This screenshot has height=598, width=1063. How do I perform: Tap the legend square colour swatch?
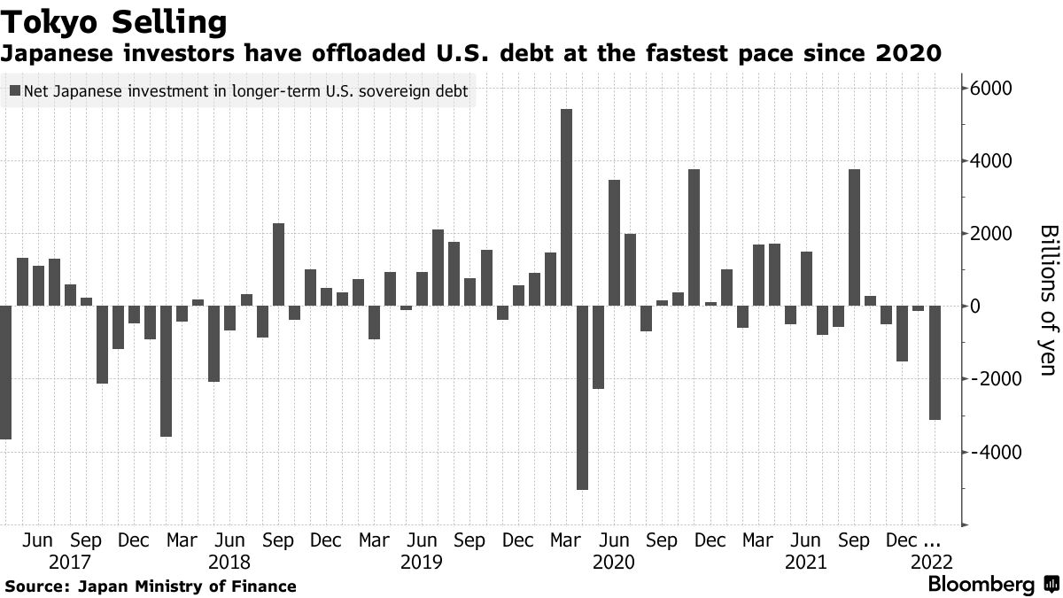(14, 90)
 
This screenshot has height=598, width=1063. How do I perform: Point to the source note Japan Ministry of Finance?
(187, 586)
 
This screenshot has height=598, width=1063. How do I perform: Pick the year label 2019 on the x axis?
(421, 562)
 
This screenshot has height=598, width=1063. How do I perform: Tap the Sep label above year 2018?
(278, 540)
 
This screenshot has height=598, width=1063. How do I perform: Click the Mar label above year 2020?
(565, 540)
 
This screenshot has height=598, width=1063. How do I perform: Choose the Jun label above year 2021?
(804, 540)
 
